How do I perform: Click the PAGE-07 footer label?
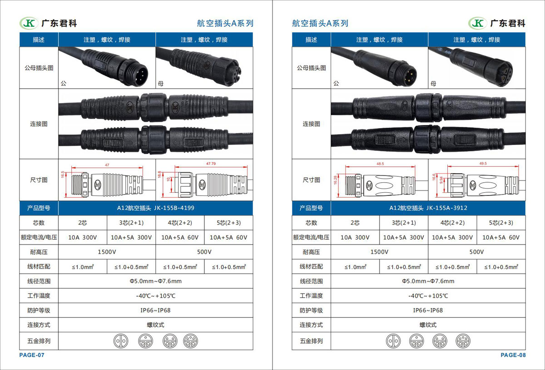point(32,355)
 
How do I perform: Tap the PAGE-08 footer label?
point(513,355)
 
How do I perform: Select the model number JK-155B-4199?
point(174,208)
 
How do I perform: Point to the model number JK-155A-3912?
point(447,208)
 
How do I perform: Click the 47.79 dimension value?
point(211,164)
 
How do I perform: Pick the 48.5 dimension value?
point(380,164)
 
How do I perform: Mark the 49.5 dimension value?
point(483,164)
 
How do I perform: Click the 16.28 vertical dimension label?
point(336,180)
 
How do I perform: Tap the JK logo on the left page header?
point(29,23)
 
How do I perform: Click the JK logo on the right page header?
point(478,23)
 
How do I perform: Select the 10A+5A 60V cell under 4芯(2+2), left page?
point(180,237)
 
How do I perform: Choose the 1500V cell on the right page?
point(379,252)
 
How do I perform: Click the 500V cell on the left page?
point(204,252)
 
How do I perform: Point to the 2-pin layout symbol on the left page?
point(121,341)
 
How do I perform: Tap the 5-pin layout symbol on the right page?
point(463,341)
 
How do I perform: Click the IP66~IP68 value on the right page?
point(428,310)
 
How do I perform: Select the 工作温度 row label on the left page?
point(39,296)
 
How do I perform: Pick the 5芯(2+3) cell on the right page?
point(501,223)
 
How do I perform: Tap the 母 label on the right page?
point(433,84)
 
